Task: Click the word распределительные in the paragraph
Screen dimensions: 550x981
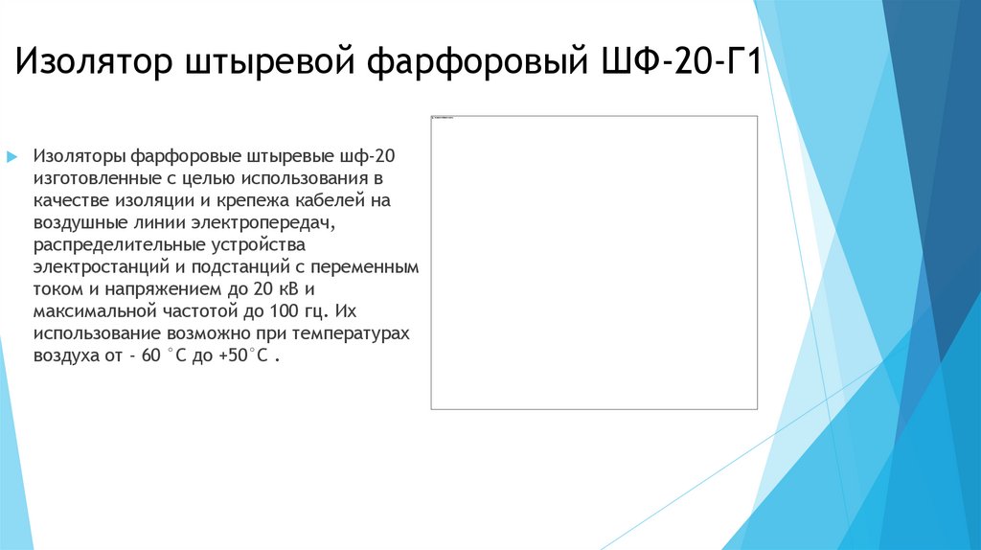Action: click(111, 244)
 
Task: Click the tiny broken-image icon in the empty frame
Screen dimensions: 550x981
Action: click(435, 118)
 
